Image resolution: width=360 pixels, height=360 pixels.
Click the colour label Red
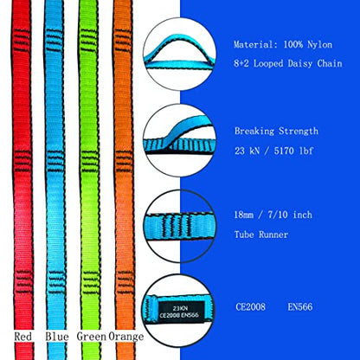[22, 337]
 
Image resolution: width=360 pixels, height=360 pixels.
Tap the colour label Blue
[57, 337]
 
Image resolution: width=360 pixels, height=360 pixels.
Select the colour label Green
[92, 337]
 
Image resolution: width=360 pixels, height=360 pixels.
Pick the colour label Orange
[126, 337]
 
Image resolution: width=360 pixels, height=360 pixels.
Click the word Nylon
[319, 45]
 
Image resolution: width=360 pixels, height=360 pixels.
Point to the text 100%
[293, 45]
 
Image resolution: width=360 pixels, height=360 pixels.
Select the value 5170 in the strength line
[284, 151]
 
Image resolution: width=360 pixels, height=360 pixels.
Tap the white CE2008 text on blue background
[250, 306]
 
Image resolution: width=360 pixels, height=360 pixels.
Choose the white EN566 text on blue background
[300, 306]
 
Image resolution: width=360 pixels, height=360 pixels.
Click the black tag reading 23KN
[181, 312]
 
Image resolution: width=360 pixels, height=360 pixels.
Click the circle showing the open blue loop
[179, 54]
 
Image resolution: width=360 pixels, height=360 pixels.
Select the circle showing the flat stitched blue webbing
[179, 227]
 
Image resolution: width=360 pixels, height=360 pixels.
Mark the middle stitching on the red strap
[22, 161]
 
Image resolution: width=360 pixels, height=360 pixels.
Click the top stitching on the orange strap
[124, 40]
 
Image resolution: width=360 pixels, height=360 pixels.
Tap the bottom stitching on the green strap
[91, 283]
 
